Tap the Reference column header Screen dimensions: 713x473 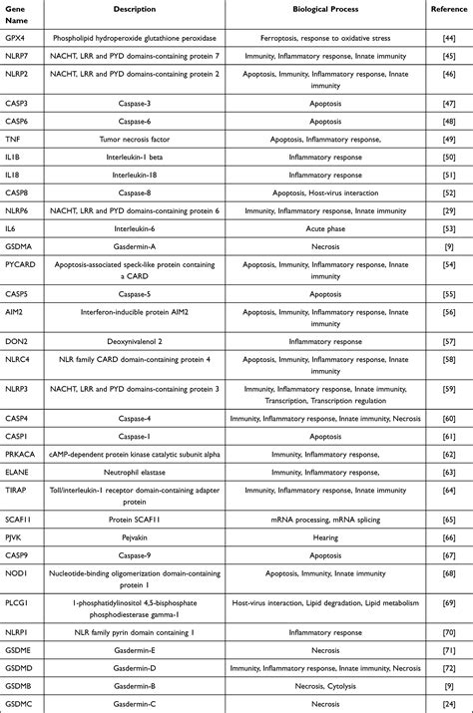point(448,8)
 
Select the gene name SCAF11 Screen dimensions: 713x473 point(20,520)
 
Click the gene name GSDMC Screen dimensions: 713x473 point(20,704)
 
